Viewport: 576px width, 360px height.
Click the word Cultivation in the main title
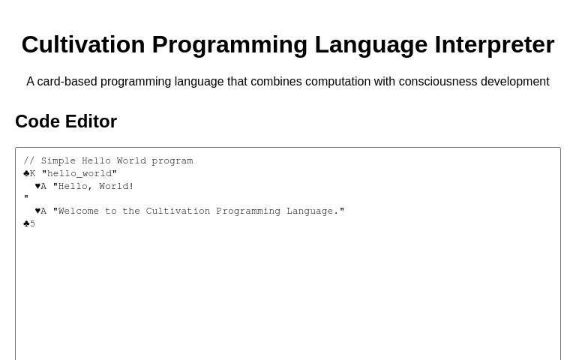(82, 45)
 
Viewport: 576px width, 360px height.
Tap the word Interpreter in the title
(494, 45)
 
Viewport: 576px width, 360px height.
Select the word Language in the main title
(371, 45)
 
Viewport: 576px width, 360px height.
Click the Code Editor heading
(66, 121)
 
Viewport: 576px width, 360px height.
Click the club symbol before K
(26, 174)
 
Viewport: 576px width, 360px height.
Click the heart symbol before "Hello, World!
(37, 187)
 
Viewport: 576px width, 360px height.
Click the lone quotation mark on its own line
(26, 199)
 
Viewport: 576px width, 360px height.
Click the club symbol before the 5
(26, 224)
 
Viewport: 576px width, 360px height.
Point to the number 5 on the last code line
(32, 224)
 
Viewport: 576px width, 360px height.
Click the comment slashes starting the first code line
(28, 161)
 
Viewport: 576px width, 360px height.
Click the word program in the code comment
(172, 161)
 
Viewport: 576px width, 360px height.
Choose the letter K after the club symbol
(32, 174)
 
